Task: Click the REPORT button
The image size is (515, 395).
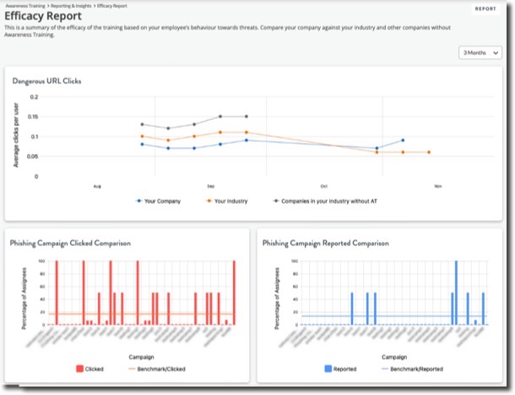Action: tap(485, 9)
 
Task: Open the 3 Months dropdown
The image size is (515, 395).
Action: tap(477, 52)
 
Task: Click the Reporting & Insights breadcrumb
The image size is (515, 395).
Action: tap(73, 5)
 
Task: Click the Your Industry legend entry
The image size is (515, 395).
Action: tap(228, 201)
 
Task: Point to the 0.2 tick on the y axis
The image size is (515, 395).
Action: tap(34, 96)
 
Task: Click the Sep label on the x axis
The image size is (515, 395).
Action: tap(210, 184)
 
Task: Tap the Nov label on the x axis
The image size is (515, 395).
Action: tap(438, 184)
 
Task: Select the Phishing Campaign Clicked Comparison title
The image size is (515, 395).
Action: tap(70, 243)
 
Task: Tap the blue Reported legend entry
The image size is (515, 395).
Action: tap(342, 369)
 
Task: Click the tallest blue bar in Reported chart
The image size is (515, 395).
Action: tap(456, 292)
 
